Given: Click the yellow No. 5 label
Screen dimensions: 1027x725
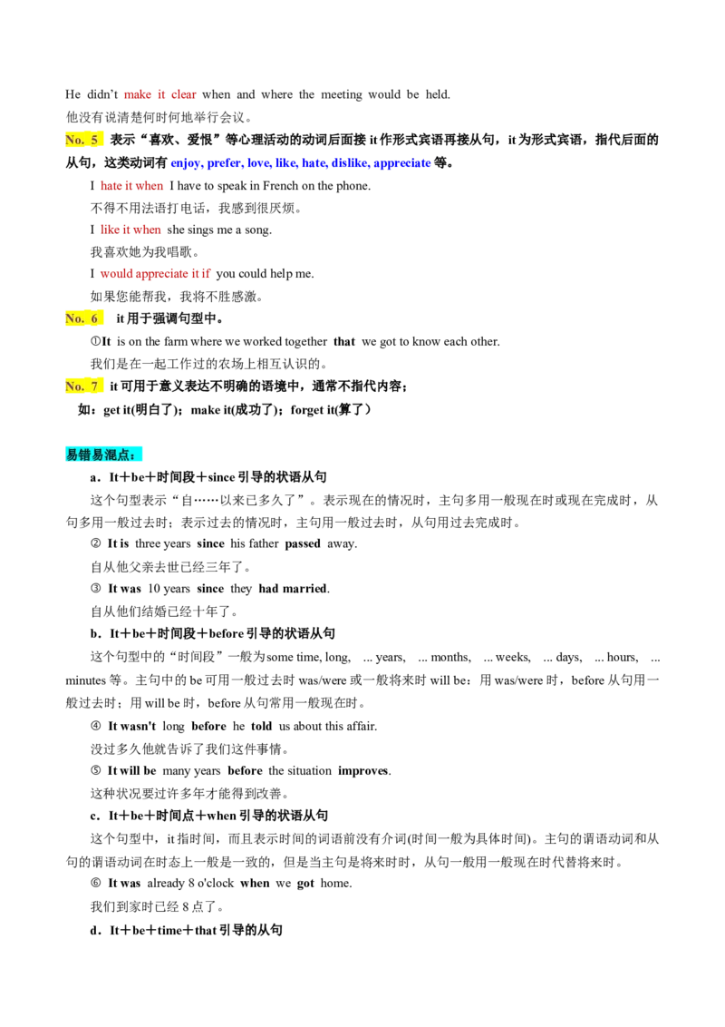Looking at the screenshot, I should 85,140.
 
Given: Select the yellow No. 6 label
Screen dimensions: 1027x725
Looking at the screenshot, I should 85,318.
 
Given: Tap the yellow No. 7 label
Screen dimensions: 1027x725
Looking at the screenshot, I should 85,386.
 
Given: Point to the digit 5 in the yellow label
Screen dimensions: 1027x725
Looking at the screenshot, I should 94,140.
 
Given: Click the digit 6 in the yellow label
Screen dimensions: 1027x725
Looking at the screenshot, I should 94,318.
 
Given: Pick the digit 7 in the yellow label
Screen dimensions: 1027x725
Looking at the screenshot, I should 94,386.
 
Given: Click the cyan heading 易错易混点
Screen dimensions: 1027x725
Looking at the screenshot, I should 104,455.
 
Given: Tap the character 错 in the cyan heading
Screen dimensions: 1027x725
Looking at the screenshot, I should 85,455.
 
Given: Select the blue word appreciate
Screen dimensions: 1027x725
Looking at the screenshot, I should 402,164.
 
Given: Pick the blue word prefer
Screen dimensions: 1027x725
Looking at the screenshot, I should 222,164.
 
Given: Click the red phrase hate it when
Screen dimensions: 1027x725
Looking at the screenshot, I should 132,187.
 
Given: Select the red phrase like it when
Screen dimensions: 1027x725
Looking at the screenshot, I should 131,230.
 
